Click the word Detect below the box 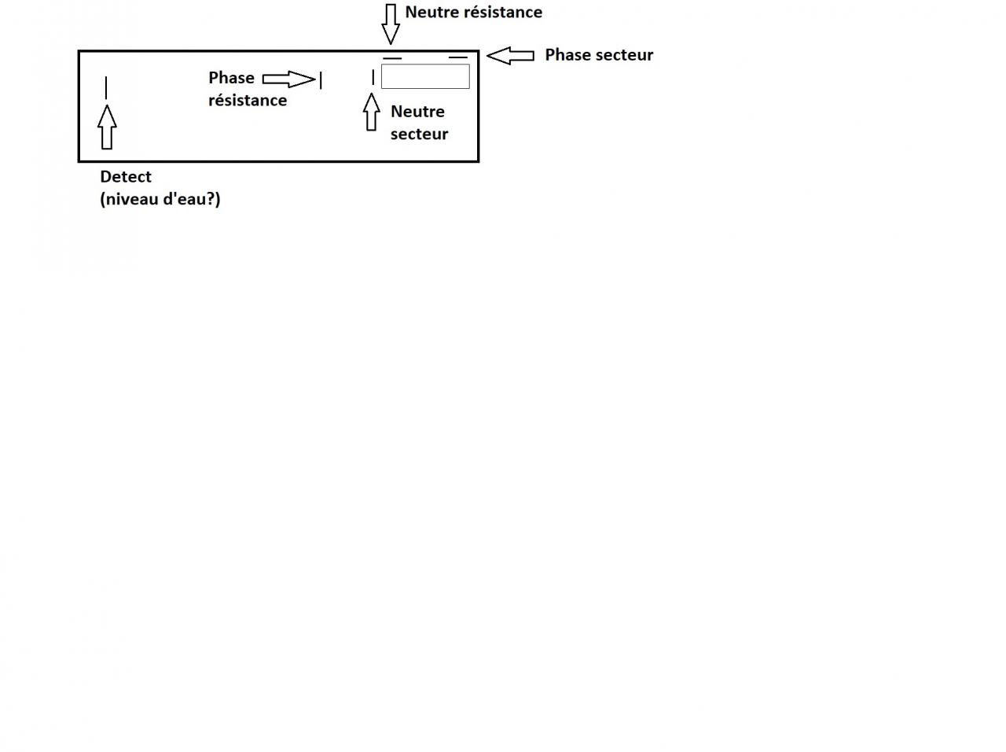point(126,177)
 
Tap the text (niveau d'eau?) point(160,199)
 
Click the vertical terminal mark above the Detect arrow point(106,87)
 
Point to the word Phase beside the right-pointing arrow point(231,78)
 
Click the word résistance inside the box point(248,101)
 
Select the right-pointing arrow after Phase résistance point(288,79)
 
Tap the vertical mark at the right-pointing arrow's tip point(321,79)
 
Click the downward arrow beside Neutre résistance point(391,24)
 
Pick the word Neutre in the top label point(430,13)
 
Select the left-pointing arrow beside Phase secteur point(510,55)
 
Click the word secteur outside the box point(624,55)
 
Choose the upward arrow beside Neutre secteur point(372,112)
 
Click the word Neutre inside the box point(417,112)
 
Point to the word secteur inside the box point(419,135)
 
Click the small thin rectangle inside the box point(425,76)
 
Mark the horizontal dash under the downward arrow point(392,58)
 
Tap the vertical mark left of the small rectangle point(373,77)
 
